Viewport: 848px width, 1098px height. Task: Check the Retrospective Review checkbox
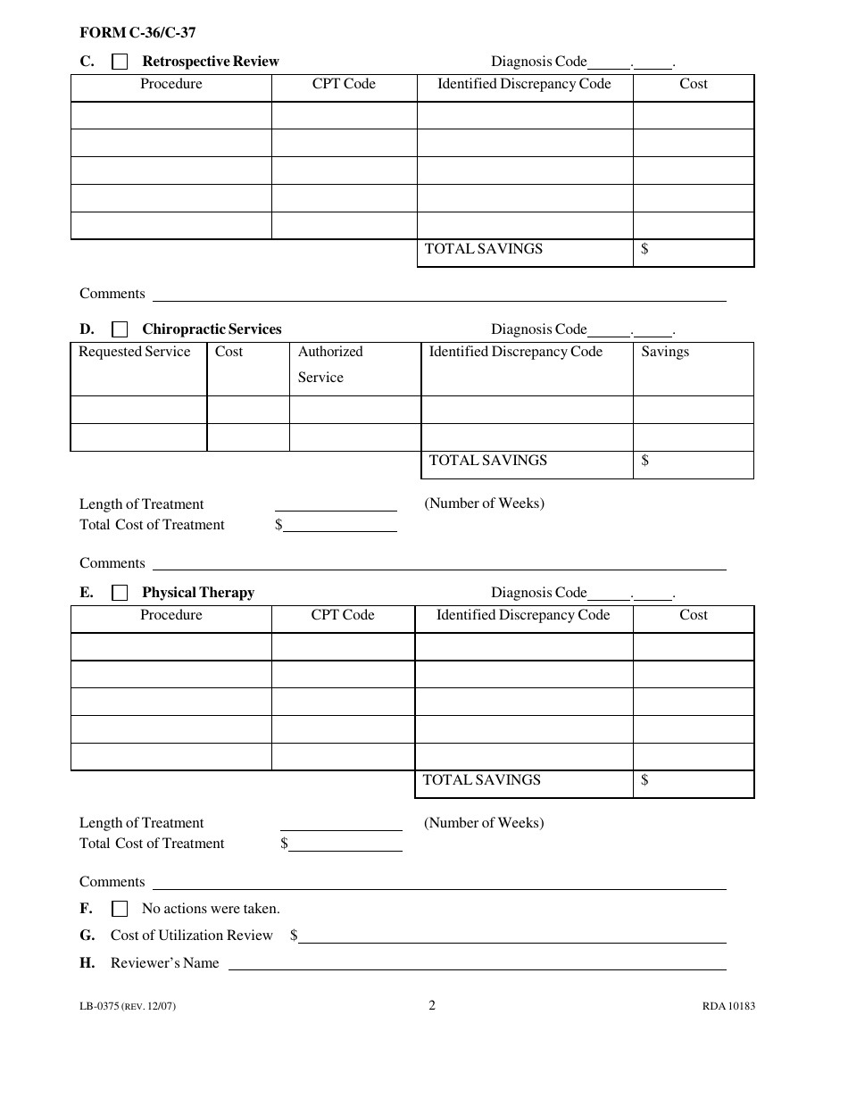pyautogui.click(x=120, y=62)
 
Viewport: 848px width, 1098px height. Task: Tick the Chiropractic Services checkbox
pyautogui.click(x=120, y=330)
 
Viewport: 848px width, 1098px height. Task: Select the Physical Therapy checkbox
pyautogui.click(x=120, y=594)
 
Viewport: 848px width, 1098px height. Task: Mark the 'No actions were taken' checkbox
pyautogui.click(x=120, y=910)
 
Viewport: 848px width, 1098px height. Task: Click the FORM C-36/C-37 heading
pyautogui.click(x=137, y=33)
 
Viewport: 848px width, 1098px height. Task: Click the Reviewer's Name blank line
pyautogui.click(x=477, y=964)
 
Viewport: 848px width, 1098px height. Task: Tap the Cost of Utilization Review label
pyautogui.click(x=191, y=936)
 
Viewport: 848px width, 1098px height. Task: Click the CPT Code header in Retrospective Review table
pyautogui.click(x=344, y=84)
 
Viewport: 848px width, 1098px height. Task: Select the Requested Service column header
pyautogui.click(x=135, y=352)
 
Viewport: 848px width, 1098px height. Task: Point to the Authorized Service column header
pyautogui.click(x=330, y=364)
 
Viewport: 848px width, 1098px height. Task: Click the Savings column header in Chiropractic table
pyautogui.click(x=665, y=352)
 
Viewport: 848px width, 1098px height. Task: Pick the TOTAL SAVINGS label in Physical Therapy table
pyautogui.click(x=482, y=780)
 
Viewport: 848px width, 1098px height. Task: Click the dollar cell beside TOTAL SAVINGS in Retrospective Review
pyautogui.click(x=694, y=250)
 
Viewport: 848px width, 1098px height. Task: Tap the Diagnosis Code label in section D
pyautogui.click(x=538, y=329)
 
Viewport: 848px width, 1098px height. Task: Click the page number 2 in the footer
pyautogui.click(x=432, y=1005)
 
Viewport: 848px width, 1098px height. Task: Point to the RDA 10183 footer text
pyautogui.click(x=728, y=1006)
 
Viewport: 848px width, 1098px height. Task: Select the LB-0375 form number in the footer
pyautogui.click(x=127, y=1006)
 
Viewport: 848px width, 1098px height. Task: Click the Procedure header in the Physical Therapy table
pyautogui.click(x=171, y=615)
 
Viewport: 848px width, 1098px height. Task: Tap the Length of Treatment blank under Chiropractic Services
pyautogui.click(x=336, y=504)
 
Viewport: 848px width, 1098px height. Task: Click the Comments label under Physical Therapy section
pyautogui.click(x=112, y=882)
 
